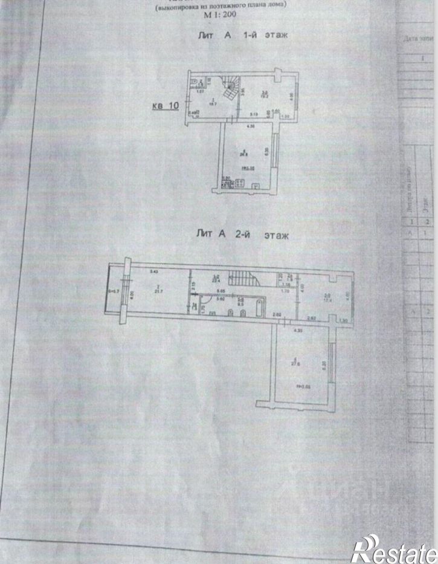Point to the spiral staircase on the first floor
(x=230, y=91)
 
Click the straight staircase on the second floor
(x=246, y=280)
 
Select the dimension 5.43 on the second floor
(x=153, y=270)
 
